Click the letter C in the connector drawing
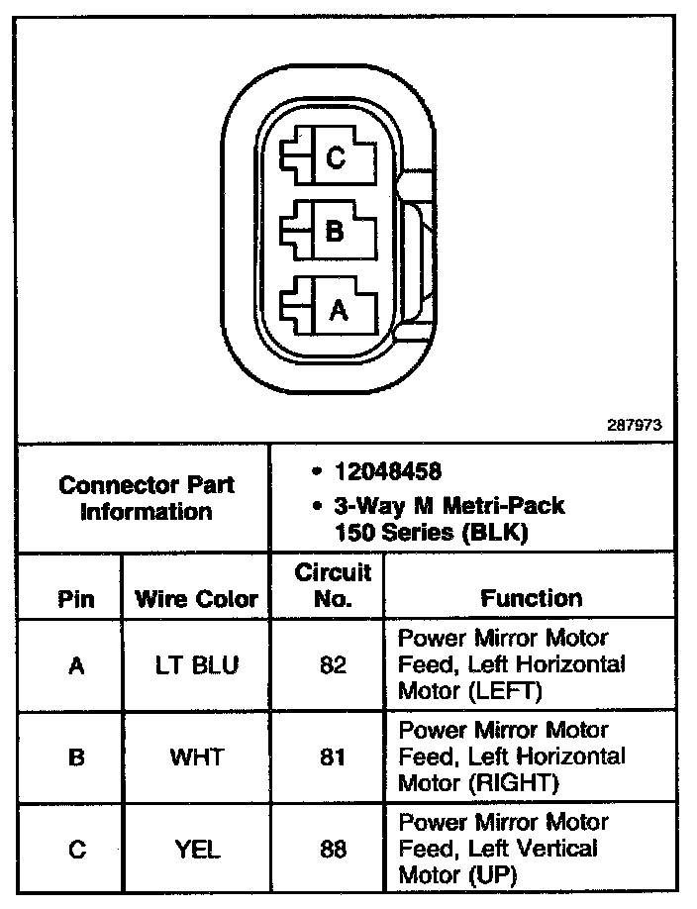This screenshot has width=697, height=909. [336, 157]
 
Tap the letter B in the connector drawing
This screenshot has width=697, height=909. [335, 233]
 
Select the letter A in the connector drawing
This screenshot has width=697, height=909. [338, 310]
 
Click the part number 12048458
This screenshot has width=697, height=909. [387, 471]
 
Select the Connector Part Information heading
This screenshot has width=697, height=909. [147, 498]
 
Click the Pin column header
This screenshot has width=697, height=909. [76, 598]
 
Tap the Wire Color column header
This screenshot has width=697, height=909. [196, 598]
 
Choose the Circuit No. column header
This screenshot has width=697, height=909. [333, 585]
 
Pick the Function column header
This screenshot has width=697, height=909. [532, 598]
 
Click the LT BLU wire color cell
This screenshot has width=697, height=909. [196, 665]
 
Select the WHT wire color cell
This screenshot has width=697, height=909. [196, 757]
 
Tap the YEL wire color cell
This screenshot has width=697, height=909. [196, 849]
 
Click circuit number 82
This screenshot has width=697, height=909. [333, 665]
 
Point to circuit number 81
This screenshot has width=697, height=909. [333, 757]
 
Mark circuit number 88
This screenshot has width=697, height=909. [333, 849]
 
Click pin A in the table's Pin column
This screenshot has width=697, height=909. [76, 665]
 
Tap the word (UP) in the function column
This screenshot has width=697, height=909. [495, 875]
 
